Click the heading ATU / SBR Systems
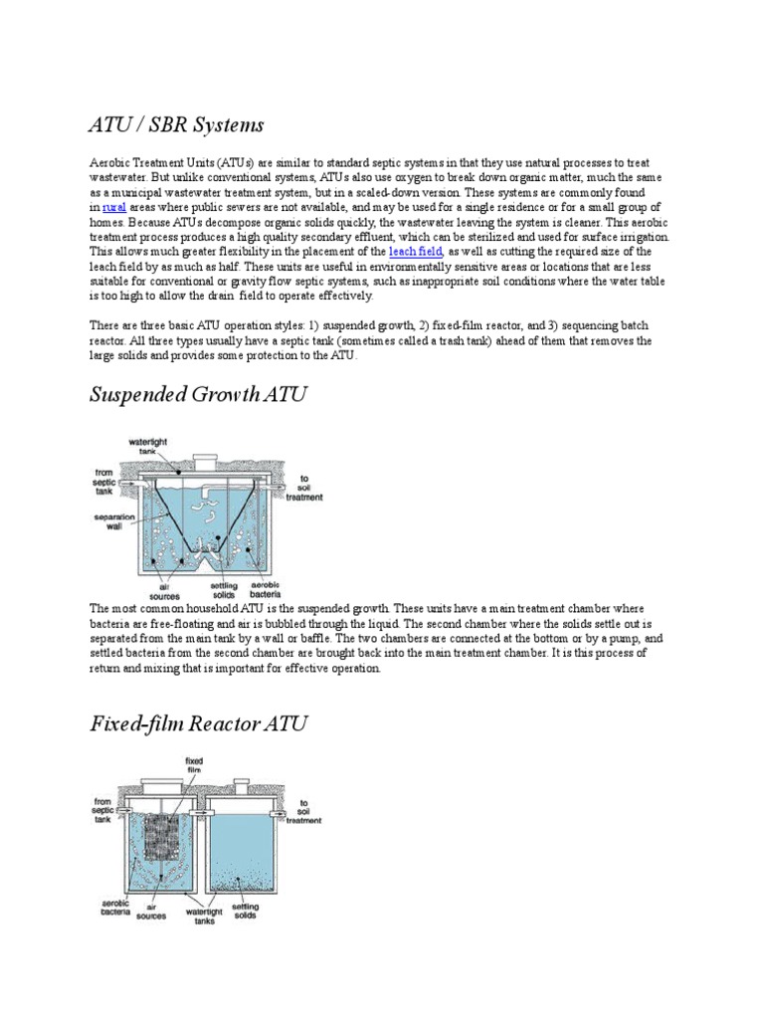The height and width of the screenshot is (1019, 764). (177, 124)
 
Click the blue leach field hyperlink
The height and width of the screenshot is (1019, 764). (415, 252)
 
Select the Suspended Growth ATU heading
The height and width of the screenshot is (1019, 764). (198, 395)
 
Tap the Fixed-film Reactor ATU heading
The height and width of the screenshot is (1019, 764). (198, 723)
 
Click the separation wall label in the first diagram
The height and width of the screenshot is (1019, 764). (108, 521)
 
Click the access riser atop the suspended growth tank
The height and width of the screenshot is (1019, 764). (205, 463)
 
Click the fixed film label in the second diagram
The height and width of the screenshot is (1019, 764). (194, 766)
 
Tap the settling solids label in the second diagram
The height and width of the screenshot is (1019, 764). (245, 911)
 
